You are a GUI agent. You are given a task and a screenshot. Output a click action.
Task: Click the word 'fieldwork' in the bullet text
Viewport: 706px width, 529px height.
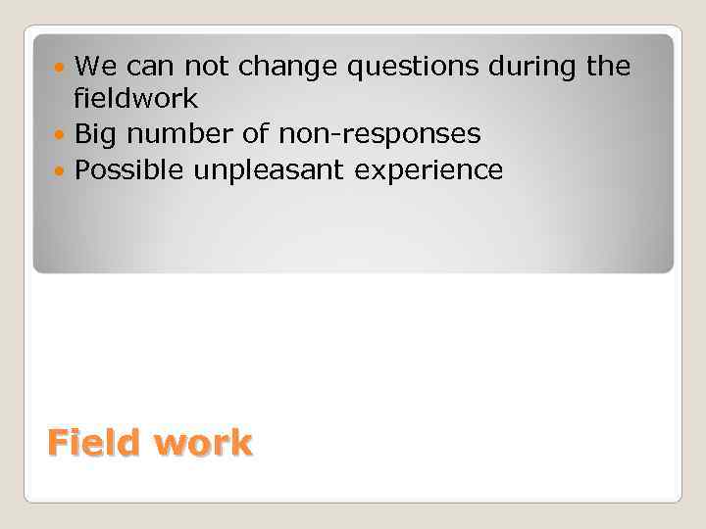pos(135,99)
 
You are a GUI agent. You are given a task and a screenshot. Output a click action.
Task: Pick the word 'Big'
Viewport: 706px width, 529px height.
pos(96,133)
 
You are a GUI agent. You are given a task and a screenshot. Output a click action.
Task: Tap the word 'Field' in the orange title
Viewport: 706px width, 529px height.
pos(94,443)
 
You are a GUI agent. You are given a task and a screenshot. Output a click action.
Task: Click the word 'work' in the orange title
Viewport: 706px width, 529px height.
pos(203,443)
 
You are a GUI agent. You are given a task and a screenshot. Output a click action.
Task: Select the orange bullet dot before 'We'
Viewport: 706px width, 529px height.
pos(63,68)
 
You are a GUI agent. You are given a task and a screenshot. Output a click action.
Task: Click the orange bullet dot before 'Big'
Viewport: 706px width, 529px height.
pos(63,133)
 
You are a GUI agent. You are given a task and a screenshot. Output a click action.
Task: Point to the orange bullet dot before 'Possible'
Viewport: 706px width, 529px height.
pos(63,170)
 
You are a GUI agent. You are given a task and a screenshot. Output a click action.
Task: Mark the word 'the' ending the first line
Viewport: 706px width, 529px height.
pos(609,67)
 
